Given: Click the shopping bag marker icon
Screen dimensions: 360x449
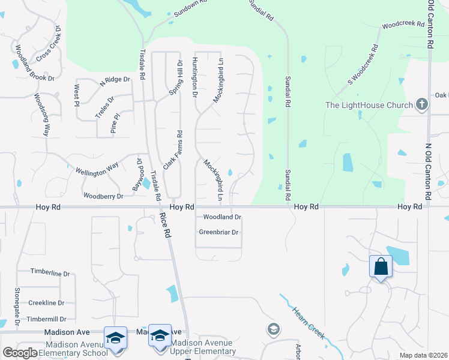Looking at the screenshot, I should (x=381, y=266).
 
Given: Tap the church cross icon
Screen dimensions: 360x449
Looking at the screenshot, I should (x=422, y=104).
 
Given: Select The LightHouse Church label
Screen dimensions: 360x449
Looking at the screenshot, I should (x=369, y=106).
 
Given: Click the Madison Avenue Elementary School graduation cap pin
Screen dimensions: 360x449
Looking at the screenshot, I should (x=115, y=337).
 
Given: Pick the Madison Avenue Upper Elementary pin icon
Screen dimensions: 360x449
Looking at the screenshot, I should (x=160, y=336).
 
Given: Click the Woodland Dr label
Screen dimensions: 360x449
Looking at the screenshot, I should (x=222, y=217).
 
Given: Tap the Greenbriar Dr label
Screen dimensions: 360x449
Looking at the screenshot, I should (x=218, y=232).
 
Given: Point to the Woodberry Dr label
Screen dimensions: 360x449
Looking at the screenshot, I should (x=103, y=196).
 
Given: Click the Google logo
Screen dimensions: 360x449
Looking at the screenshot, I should (x=20, y=353).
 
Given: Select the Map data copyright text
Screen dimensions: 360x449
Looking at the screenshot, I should (x=423, y=355).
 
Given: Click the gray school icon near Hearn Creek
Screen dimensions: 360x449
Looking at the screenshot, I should (x=273, y=329).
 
